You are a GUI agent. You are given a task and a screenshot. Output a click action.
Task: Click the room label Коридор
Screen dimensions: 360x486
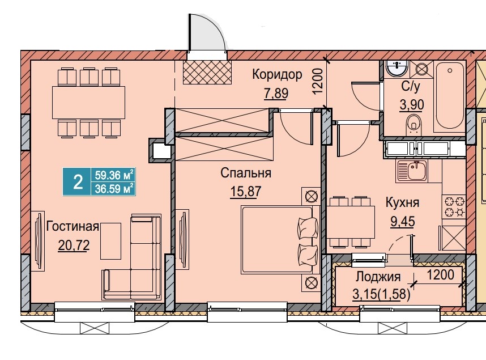[x=277, y=74]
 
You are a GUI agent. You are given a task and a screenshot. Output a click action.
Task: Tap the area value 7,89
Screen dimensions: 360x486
[x=276, y=93]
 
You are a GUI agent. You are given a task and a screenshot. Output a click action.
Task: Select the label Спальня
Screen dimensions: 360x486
[x=246, y=173]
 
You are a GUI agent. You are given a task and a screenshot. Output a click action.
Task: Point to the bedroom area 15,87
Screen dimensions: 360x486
[x=246, y=192]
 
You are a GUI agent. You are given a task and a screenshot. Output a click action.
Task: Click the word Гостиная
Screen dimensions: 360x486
[x=73, y=227]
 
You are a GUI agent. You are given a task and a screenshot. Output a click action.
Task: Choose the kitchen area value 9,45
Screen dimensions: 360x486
[x=402, y=221]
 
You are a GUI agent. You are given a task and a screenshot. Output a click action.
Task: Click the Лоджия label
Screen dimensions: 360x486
[x=378, y=277]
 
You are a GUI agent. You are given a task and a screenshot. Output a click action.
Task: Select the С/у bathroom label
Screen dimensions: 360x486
[x=410, y=87]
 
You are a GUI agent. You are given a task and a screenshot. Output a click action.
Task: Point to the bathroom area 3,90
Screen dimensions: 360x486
[x=410, y=105]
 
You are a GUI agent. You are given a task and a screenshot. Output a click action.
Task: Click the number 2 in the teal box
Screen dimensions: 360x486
[x=77, y=181]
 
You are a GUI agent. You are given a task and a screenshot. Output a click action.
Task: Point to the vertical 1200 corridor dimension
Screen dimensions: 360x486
[x=317, y=82]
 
